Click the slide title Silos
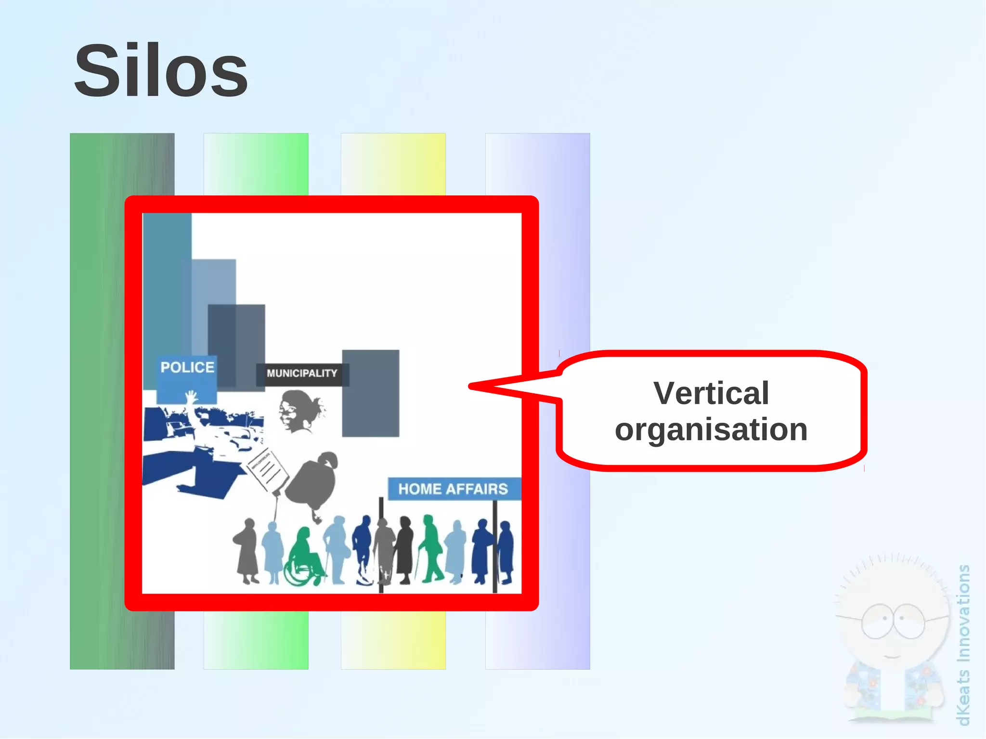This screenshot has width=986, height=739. pyautogui.click(x=161, y=71)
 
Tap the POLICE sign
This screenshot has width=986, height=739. pyautogui.click(x=187, y=368)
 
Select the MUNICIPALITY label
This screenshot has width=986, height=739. pyautogui.click(x=302, y=374)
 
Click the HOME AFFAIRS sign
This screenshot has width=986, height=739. pyautogui.click(x=453, y=489)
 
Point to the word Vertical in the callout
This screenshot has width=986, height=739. pyautogui.click(x=711, y=393)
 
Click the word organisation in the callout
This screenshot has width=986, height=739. pyautogui.click(x=711, y=429)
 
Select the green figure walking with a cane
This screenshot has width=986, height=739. pyautogui.click(x=431, y=549)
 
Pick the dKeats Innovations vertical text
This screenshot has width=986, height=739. pyautogui.click(x=963, y=645)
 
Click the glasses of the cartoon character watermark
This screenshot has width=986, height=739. pyautogui.click(x=893, y=621)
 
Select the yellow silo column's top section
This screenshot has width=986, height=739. pyautogui.click(x=393, y=164)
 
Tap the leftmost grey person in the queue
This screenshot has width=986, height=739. pyautogui.click(x=247, y=551)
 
